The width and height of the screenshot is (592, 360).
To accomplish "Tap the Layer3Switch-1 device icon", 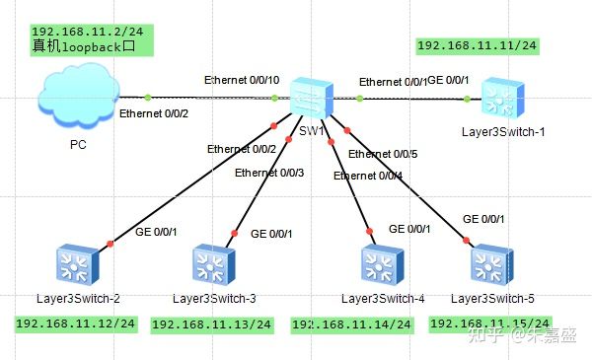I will (499, 99).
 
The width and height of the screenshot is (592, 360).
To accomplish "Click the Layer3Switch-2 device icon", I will (75, 265).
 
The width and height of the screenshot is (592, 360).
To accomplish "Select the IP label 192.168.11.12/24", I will (75, 324).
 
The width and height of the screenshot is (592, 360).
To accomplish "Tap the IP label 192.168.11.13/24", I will (210, 324).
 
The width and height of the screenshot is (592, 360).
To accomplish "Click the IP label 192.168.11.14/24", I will (351, 324).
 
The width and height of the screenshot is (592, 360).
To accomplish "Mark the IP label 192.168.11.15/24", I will (490, 324).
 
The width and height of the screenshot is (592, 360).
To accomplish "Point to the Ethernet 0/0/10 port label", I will (242, 79).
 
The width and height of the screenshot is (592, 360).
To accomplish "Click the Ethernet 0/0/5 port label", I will (383, 154).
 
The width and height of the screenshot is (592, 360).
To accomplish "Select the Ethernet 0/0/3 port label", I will (269, 173).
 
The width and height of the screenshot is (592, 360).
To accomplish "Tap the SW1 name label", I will (310, 131).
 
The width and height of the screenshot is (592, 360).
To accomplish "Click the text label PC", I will (78, 144).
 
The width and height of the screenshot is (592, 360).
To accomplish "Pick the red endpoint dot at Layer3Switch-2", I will (110, 243).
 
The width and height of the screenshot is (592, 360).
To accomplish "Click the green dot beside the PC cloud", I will (148, 97).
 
